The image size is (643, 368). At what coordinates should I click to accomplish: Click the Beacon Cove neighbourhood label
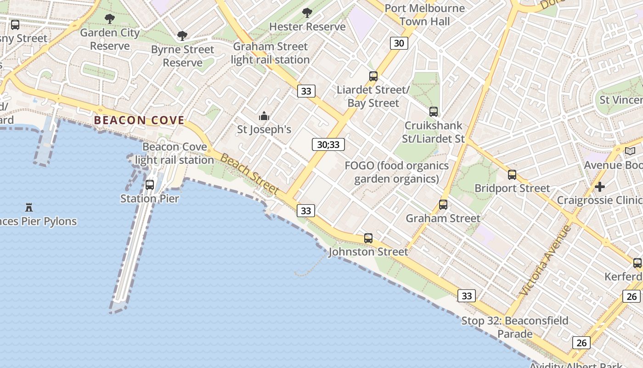(x=139, y=121)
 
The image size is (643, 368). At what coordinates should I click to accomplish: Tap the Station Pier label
(x=150, y=199)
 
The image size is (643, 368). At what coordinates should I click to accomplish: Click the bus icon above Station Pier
(x=150, y=185)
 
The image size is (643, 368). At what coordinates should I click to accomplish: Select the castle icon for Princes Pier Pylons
(x=29, y=207)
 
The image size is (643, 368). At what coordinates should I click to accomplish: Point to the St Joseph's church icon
(x=264, y=116)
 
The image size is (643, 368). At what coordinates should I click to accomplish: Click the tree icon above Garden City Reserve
(x=109, y=19)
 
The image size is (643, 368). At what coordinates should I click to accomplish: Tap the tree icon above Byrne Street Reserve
(x=182, y=35)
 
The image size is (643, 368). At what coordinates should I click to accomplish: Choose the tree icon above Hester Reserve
(x=307, y=13)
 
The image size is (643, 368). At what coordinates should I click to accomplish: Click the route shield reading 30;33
(x=328, y=144)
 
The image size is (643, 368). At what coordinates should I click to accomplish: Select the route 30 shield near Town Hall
(x=399, y=43)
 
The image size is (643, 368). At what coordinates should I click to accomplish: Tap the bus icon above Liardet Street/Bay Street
(x=373, y=76)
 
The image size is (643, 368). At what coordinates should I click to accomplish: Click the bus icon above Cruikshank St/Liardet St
(x=434, y=111)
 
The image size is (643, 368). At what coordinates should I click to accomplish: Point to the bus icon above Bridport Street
(x=512, y=175)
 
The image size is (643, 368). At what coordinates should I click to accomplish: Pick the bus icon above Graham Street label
(x=443, y=205)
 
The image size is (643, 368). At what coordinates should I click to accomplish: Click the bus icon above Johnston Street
(x=368, y=238)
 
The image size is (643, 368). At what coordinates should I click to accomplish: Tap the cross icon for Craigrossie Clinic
(x=600, y=187)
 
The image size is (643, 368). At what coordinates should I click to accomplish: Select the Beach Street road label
(x=250, y=174)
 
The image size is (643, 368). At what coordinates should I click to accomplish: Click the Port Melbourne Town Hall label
(x=425, y=15)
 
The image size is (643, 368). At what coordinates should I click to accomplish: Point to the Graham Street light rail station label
(x=271, y=53)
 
